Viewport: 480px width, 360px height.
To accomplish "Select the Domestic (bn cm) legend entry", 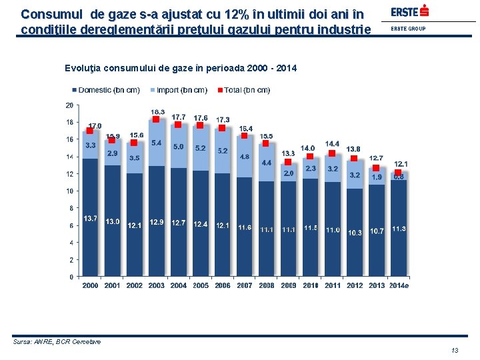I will [x=109, y=90].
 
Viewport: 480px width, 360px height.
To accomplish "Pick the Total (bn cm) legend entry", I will [x=246, y=90].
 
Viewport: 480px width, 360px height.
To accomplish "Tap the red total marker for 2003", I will [x=156, y=119].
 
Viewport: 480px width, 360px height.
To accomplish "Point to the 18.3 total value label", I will [x=158, y=112].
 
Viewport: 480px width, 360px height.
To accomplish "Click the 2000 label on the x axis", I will [x=90, y=285].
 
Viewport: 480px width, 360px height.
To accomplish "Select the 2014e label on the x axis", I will [x=399, y=285].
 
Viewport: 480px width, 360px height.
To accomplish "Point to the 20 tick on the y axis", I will [x=69, y=105].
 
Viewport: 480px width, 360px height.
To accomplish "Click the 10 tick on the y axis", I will [x=69, y=191].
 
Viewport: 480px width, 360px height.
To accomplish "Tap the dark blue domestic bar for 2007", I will [x=244, y=227].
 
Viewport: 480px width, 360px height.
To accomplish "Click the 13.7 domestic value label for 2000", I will [x=90, y=219].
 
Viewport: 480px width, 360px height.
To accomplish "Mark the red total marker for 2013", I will [x=376, y=168].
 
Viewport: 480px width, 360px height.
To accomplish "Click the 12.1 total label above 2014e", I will [x=401, y=163].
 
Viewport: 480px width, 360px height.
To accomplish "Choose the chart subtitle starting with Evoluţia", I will [x=181, y=69].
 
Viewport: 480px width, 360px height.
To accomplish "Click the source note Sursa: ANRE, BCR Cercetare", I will [x=57, y=342].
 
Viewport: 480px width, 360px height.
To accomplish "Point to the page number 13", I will [x=455, y=351].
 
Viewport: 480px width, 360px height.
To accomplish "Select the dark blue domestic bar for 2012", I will [x=354, y=233].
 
